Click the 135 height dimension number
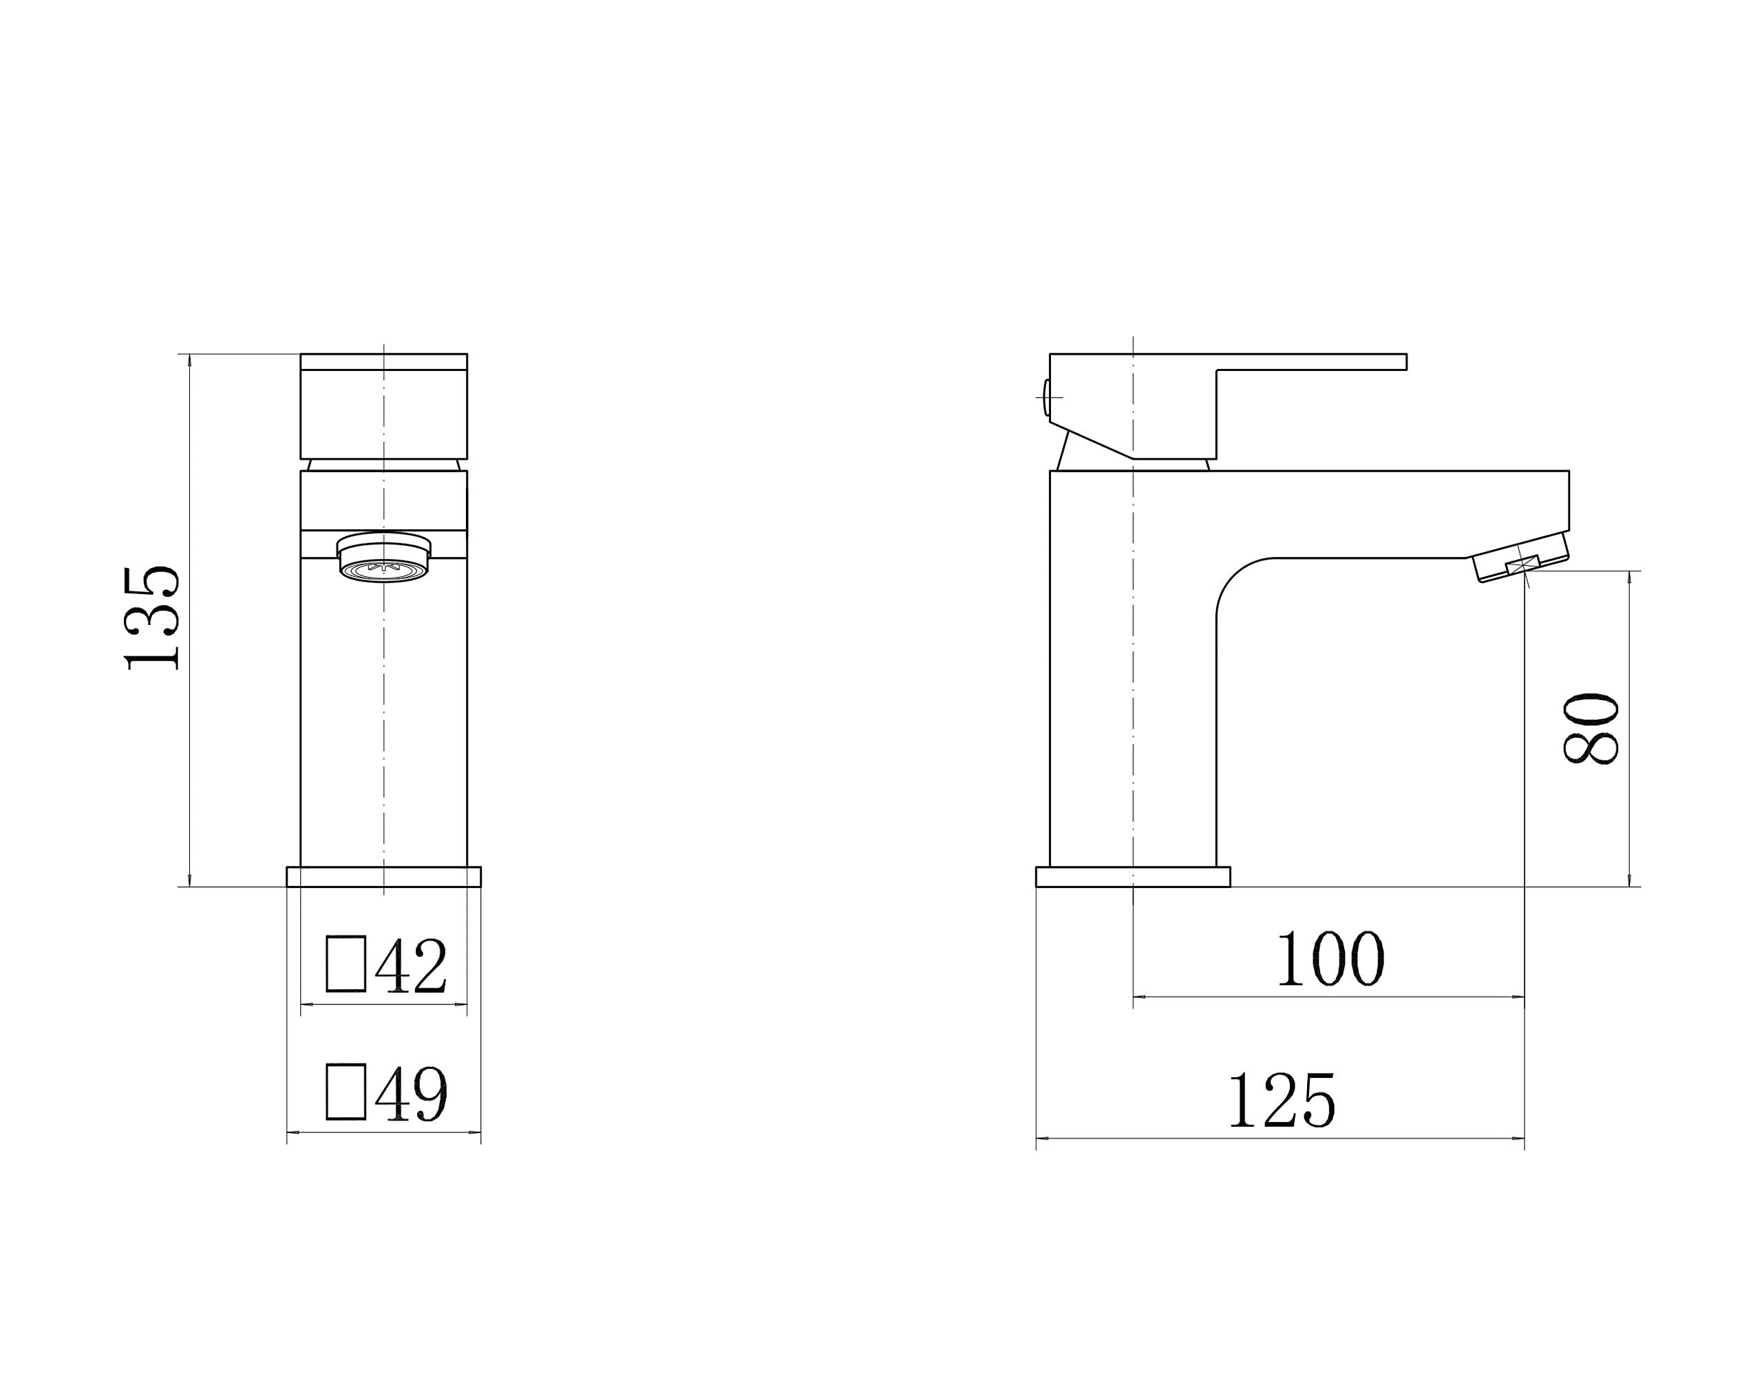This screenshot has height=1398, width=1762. (152, 618)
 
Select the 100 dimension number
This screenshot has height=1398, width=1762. (1330, 958)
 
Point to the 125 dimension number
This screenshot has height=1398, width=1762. (1281, 1101)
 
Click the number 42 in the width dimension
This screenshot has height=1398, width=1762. (411, 966)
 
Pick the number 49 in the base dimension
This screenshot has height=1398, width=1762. (411, 1094)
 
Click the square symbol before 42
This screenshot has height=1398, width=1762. (346, 964)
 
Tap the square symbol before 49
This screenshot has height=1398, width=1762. (346, 1092)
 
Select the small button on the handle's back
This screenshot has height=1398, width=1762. (1046, 397)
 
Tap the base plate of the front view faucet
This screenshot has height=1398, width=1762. (383, 877)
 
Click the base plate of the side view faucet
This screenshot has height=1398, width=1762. (1132, 877)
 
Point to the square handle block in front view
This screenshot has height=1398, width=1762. (383, 413)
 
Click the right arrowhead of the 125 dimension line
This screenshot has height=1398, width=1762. (1518, 1138)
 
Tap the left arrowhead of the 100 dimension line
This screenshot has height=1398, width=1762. (1139, 997)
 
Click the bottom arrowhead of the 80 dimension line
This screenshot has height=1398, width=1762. (1630, 880)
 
